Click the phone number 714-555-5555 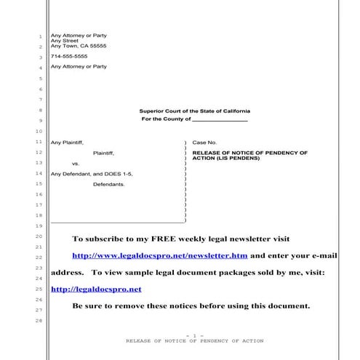69,56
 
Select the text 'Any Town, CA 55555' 79,46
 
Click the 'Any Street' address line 65,41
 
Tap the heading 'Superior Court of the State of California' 194,111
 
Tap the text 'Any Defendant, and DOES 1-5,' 92,175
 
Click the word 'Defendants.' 109,185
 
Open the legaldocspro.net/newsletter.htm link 160,256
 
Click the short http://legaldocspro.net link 107,289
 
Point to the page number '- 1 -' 194,335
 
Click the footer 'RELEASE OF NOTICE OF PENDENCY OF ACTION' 194,340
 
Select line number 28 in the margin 38,321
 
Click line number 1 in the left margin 39,37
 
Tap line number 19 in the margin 38,227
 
